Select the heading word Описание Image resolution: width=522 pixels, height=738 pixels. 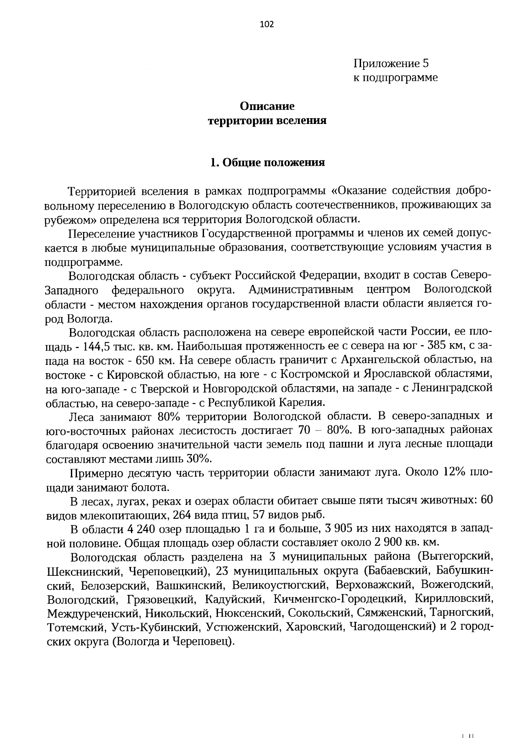pyautogui.click(x=267, y=106)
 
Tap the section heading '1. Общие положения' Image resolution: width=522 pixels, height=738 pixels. pyautogui.click(x=267, y=163)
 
